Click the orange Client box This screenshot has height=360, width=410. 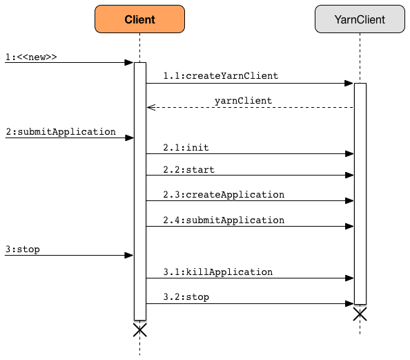pos(139,19)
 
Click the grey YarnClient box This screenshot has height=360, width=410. pos(359,19)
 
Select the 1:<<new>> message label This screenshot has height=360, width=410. pos(30,57)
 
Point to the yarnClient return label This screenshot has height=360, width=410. pos(243,100)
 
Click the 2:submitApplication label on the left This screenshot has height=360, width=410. pos(61,131)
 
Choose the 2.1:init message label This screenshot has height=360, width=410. pos(186,147)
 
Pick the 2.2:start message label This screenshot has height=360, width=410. pos(188,169)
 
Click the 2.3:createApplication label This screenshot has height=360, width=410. pos(224,194)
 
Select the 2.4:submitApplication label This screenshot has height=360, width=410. pos(224,220)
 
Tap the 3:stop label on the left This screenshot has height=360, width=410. pos(22,249)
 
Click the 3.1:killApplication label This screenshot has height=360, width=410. pos(217,272)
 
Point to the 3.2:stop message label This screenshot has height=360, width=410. pos(186,296)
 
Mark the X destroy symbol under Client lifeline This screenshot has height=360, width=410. pos(139,330)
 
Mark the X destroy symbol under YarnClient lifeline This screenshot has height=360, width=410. pos(360,314)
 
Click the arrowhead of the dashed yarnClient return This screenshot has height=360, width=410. pos(150,107)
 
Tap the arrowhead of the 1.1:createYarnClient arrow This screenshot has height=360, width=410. pos(349,83)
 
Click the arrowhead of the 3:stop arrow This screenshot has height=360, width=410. pos(129,256)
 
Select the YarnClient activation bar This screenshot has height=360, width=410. pos(360,193)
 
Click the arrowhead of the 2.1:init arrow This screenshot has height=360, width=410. pos(349,154)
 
